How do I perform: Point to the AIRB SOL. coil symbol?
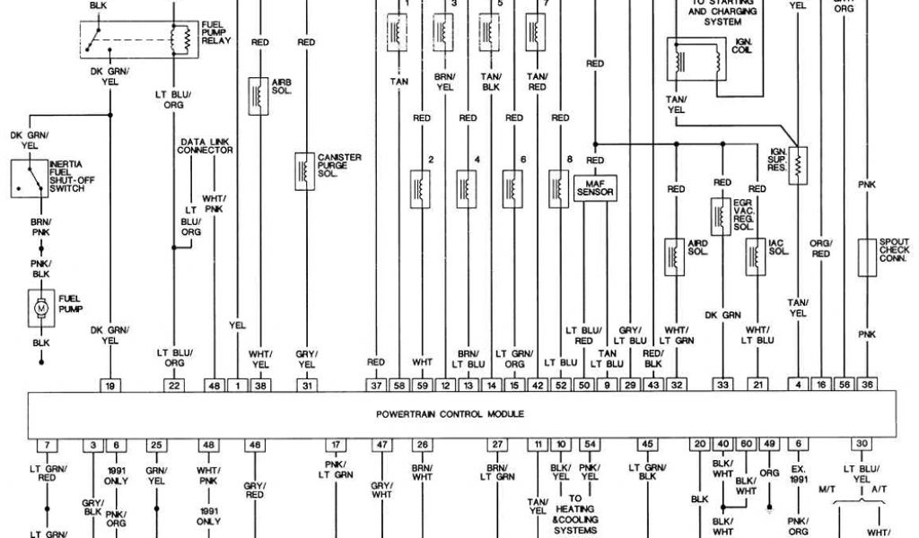[258, 95]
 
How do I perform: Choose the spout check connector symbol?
[867, 256]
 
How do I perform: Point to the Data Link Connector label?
[206, 146]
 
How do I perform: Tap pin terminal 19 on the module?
[111, 385]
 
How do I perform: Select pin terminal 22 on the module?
[173, 385]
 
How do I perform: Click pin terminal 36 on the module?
[867, 385]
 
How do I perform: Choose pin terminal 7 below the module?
[46, 445]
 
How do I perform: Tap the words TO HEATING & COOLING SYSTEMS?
[576, 512]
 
